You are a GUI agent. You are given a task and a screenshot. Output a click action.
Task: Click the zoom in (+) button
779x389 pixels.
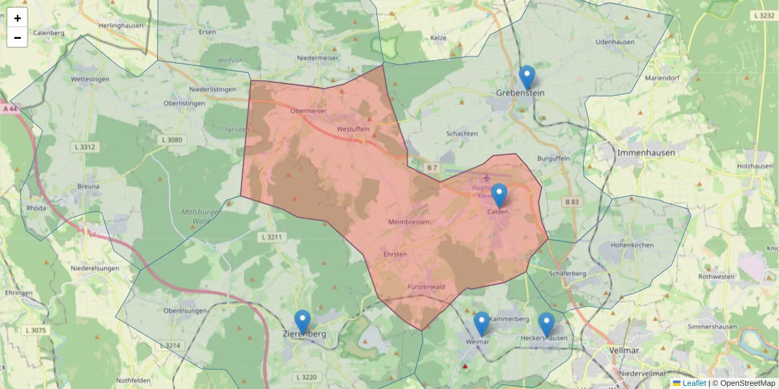(x=18, y=18)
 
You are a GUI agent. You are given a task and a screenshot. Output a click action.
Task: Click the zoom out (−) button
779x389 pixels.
(x=18, y=38)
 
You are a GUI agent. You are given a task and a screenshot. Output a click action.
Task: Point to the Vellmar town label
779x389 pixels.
(x=626, y=350)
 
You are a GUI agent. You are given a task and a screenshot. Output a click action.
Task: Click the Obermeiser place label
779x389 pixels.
(x=308, y=111)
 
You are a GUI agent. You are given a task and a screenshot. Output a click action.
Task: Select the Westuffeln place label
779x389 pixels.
(x=353, y=129)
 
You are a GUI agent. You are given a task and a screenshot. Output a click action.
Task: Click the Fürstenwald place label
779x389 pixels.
(x=426, y=287)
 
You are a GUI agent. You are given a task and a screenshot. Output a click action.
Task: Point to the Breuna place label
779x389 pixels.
(x=88, y=186)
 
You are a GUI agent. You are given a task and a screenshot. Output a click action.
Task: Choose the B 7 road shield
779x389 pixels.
(x=432, y=168)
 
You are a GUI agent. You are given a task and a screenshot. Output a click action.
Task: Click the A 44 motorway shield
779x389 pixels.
(x=9, y=110)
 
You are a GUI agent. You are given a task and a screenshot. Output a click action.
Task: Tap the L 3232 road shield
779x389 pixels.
(x=765, y=15)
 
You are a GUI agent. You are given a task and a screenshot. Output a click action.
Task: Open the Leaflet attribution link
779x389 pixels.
(x=694, y=383)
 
